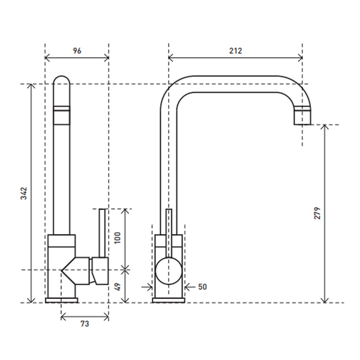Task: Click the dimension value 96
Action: [77, 50]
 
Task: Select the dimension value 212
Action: [236, 50]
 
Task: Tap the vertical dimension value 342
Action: [24, 193]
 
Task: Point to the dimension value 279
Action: [317, 213]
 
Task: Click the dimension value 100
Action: [117, 238]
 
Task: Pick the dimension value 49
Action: [117, 287]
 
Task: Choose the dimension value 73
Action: [85, 324]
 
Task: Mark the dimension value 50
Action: [202, 287]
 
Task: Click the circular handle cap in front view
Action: [169, 271]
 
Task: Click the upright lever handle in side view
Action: [102, 233]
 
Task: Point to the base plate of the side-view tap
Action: [62, 301]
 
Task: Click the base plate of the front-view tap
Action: [169, 301]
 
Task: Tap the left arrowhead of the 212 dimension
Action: [170, 58]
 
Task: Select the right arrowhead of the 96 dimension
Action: [107, 58]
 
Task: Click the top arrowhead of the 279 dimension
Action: [324, 127]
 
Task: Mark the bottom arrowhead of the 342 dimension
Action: [31, 300]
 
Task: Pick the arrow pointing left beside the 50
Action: [190, 287]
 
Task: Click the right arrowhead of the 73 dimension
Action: [106, 317]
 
